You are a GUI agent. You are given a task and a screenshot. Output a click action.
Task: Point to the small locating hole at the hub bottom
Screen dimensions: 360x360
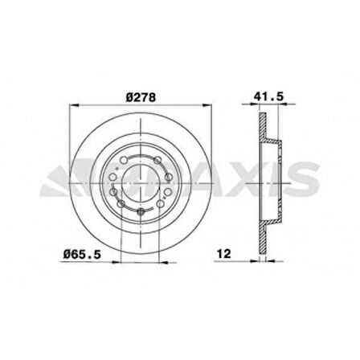(140, 212)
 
